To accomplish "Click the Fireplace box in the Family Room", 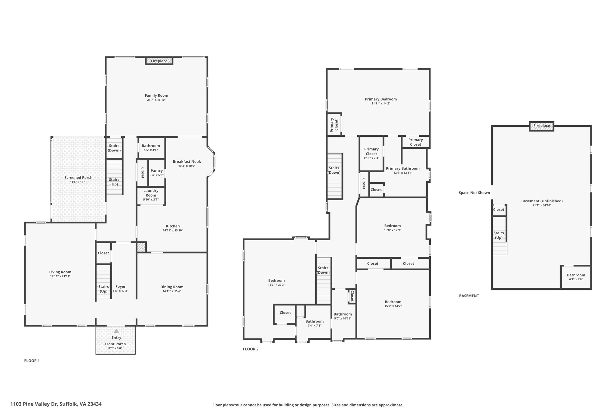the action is (x=159, y=61).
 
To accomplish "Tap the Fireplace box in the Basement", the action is (x=541, y=126).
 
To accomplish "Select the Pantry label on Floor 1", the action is (x=157, y=171).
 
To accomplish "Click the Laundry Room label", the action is (x=151, y=193).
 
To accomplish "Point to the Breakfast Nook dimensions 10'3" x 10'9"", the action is (x=187, y=166).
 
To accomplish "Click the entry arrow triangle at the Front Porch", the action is (x=116, y=331).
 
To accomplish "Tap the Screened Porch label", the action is (x=79, y=178).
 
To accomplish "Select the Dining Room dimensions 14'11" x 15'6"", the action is (x=172, y=291).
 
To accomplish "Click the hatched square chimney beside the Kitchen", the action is (x=141, y=247).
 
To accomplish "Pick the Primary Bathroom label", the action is (x=403, y=168).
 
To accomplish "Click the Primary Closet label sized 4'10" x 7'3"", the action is (x=371, y=151).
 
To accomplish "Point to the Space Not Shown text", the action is (x=474, y=193).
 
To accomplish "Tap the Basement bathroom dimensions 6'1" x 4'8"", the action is (x=576, y=279).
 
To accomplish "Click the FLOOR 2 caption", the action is (x=251, y=349).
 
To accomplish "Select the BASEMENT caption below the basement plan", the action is (x=469, y=296).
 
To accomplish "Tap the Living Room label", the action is (x=60, y=272).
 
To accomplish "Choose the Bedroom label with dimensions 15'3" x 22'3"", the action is (x=276, y=280).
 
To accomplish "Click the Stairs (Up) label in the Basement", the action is (x=499, y=235).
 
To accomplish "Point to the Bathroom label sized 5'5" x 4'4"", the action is (x=151, y=146).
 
